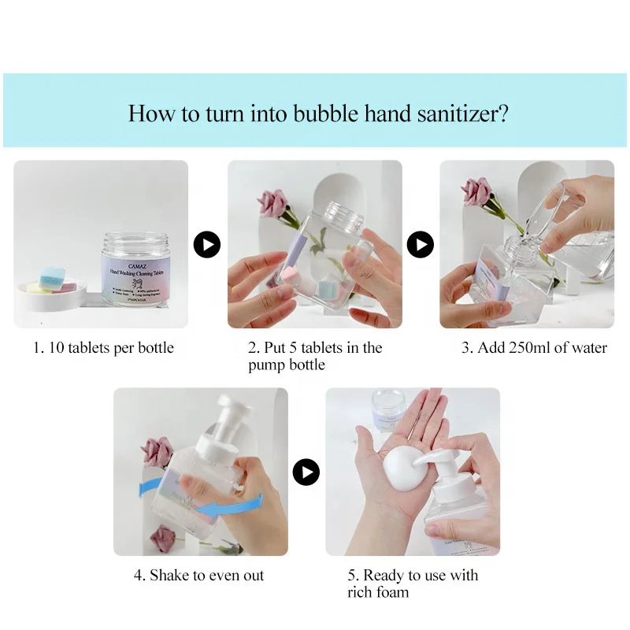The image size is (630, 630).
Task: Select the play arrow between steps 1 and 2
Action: (207, 245)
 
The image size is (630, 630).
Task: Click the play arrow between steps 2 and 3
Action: (420, 245)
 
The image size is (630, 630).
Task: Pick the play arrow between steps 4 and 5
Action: (306, 472)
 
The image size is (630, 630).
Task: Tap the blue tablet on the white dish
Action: (52, 277)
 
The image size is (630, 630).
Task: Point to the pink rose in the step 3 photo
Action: (477, 191)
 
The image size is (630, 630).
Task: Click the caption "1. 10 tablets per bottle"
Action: (103, 347)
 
